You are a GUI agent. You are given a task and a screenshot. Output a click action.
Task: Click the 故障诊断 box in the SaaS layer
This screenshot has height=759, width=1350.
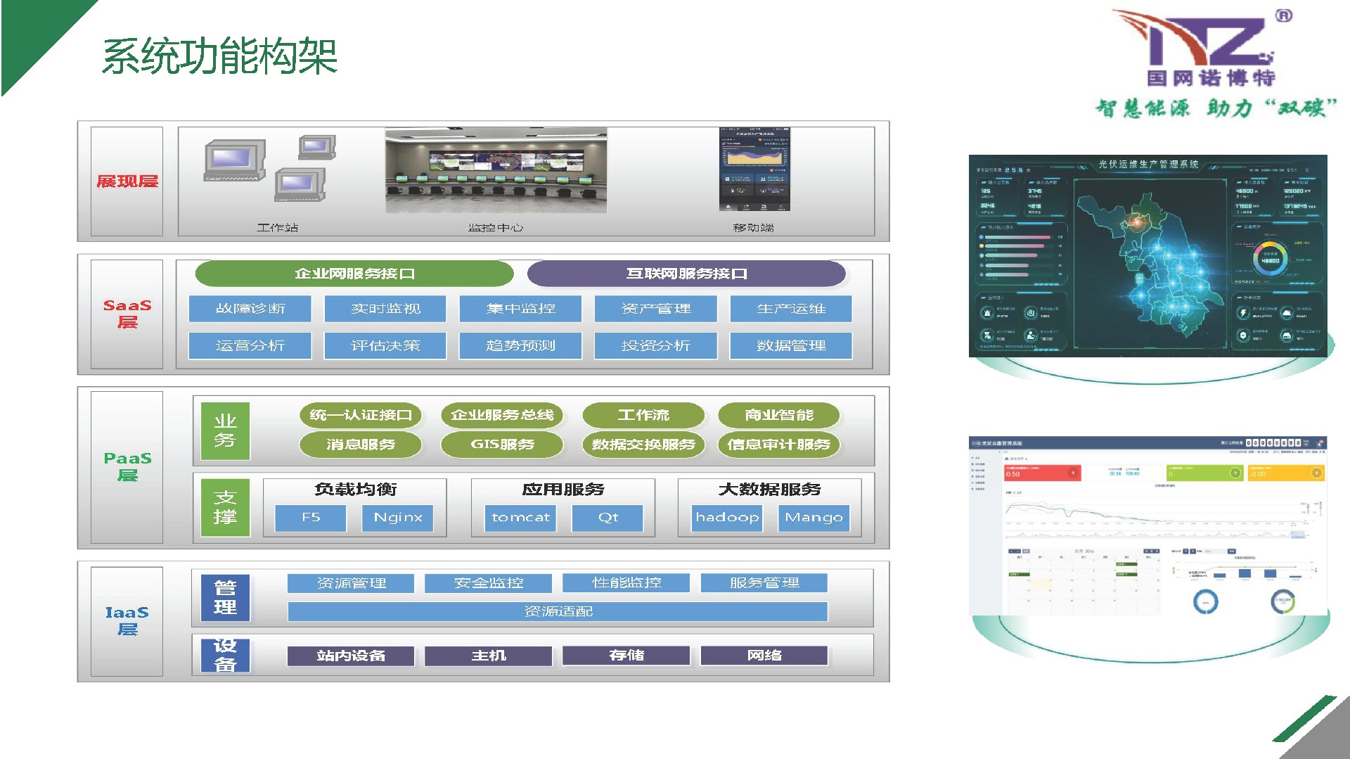coord(250,309)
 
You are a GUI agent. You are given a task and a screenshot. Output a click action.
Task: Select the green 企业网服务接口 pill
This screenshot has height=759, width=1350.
coord(354,274)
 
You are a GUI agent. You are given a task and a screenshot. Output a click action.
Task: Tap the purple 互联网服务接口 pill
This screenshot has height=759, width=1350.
coord(686,274)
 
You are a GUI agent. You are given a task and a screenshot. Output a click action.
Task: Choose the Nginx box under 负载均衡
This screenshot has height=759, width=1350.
coord(398,518)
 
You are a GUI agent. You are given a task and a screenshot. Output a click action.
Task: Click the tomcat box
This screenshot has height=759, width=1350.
coord(520,518)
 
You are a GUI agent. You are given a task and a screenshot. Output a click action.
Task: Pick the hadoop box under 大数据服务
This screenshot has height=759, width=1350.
coord(727,518)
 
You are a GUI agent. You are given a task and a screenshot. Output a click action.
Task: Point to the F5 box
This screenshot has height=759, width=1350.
coord(311,518)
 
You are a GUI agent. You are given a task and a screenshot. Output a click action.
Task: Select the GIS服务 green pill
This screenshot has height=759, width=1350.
coord(502,445)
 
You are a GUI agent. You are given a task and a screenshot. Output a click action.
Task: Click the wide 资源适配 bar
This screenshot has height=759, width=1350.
coord(558,611)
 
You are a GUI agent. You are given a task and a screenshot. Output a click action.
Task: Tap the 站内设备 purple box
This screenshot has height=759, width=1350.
coord(350,656)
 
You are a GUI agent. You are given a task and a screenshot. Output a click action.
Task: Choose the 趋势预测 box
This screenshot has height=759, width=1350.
coord(520,345)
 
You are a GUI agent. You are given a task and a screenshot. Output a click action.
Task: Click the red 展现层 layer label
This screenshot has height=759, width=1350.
coord(127,181)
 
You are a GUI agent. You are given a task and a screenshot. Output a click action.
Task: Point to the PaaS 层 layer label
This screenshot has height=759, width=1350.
coord(127,466)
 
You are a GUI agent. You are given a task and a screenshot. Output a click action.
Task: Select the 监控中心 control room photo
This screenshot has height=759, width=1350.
coord(496,170)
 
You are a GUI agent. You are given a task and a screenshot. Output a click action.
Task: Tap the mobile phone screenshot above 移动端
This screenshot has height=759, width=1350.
coord(754,169)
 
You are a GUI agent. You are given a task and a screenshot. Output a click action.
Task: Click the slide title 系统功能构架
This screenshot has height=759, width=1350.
coord(220,56)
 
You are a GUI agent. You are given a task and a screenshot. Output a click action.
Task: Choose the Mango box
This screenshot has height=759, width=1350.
coord(814,518)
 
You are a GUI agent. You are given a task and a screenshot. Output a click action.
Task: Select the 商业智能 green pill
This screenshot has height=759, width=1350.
coord(778,415)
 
